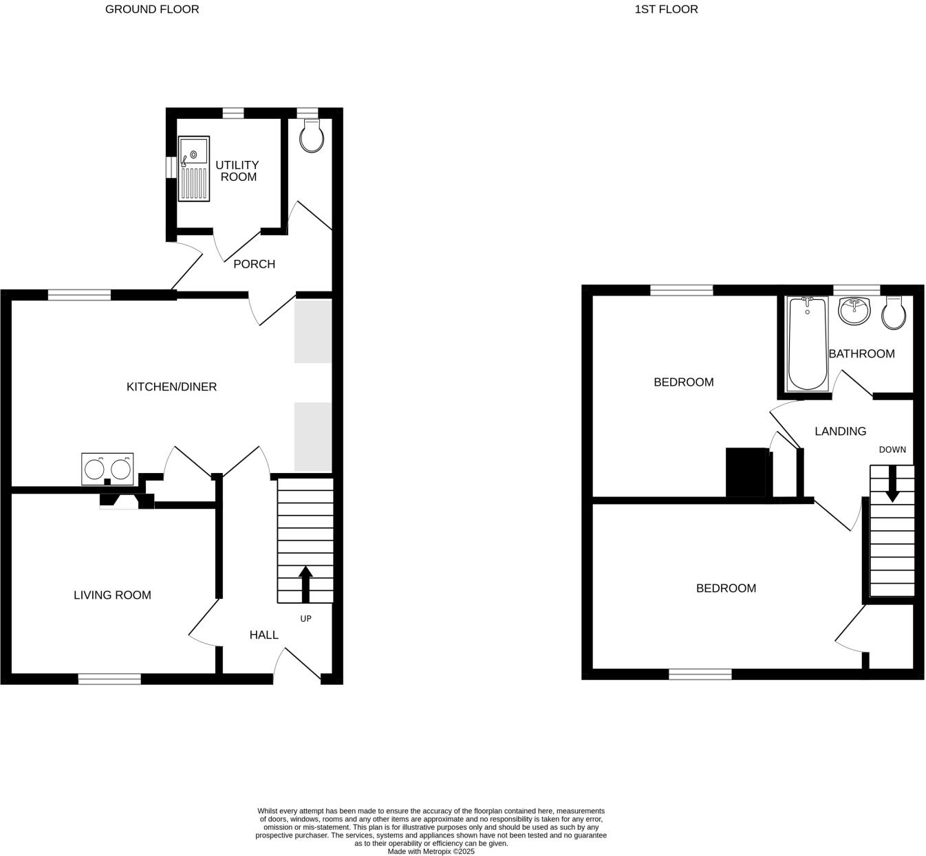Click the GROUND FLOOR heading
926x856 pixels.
point(152,10)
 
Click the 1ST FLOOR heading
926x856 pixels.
point(666,10)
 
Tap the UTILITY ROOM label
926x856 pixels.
point(237,171)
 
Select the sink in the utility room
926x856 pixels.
point(194,168)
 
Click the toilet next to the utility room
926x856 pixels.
point(312,137)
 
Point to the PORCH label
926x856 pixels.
point(254,264)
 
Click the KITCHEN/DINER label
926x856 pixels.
point(171,387)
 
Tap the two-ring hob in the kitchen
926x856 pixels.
point(107,470)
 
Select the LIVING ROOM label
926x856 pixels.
point(112,595)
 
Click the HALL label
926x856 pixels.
point(263,635)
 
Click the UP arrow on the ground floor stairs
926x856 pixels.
point(305,584)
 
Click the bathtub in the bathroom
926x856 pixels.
point(807,344)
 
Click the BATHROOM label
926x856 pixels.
point(861,354)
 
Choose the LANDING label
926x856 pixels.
point(840,432)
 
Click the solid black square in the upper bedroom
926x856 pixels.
point(746,472)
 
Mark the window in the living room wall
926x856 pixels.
point(109,679)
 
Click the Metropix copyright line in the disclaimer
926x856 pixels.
point(431,851)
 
